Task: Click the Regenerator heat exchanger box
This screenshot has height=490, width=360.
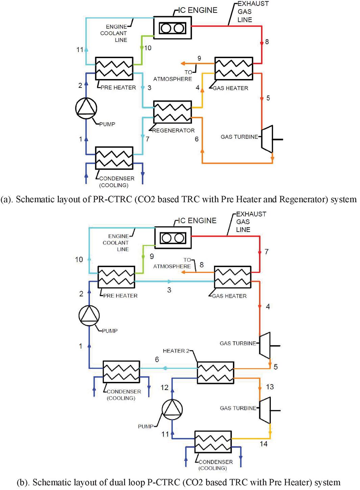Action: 172,112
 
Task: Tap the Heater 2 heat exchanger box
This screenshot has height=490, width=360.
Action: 215,372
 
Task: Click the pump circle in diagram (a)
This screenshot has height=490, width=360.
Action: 86,108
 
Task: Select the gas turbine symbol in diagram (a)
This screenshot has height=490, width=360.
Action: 267,139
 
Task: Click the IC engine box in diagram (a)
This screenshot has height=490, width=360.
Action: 172,27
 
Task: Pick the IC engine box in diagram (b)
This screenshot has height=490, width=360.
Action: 173,237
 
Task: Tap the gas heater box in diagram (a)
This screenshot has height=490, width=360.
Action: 234,69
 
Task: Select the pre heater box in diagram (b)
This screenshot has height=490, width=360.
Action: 116,277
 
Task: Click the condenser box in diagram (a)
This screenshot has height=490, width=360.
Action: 114,158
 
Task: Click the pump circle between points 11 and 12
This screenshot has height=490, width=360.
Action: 172,409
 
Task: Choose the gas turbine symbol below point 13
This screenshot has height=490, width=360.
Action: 265,410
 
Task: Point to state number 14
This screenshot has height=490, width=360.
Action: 264,444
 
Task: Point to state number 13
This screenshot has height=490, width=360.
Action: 270,387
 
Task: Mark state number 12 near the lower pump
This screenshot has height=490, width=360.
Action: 164,388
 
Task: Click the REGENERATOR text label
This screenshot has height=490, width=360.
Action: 173,130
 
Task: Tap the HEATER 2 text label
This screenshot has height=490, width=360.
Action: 176,351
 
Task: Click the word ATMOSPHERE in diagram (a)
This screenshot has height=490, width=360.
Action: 172,79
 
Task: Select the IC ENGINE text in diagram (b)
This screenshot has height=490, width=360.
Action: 197,221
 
